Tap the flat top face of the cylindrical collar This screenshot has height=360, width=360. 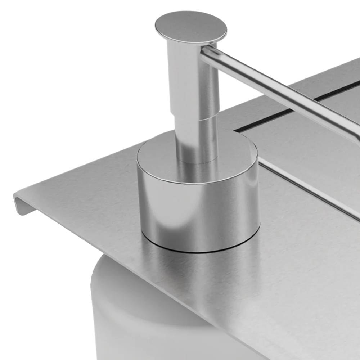point(162,158)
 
